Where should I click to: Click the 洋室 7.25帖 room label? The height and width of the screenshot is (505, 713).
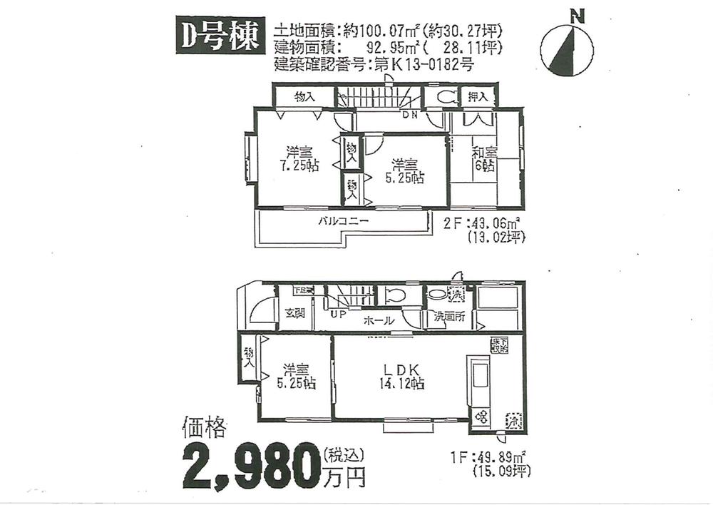click(300, 158)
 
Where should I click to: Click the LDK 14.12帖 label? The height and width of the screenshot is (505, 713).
click(404, 376)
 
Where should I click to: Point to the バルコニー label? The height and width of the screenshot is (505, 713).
click(344, 222)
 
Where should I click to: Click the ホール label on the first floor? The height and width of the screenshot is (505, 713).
click(378, 321)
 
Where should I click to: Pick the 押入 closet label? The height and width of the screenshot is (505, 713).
click(478, 96)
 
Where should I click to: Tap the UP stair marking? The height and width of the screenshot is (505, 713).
click(337, 314)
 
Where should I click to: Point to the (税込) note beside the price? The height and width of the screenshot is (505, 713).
click(344, 453)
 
